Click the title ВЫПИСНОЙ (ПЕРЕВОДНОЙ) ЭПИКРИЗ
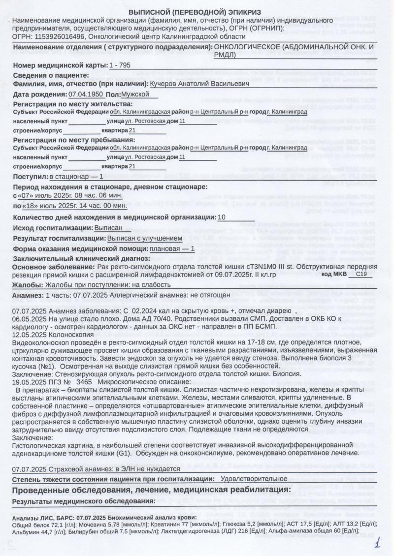coord(195,11)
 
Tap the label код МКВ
coord(334,276)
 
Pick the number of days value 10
coord(222,217)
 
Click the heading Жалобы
coord(27,284)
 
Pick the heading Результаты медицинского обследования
coord(84,500)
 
